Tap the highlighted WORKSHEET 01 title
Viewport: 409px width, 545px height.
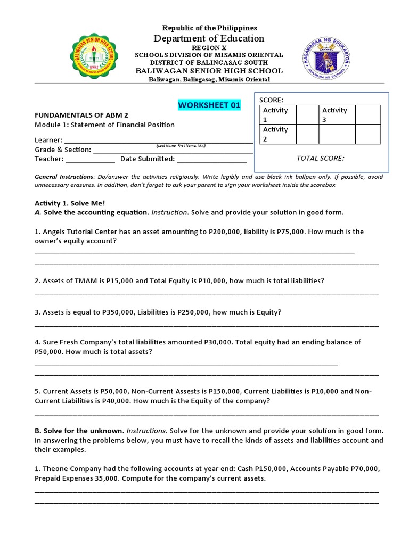209,105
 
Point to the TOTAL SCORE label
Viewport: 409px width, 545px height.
320,158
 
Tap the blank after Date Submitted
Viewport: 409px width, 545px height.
211,159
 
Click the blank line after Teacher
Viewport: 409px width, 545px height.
90,159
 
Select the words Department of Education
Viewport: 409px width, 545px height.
209,38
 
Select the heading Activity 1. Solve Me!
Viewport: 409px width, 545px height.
70,203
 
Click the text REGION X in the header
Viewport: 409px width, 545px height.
209,47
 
